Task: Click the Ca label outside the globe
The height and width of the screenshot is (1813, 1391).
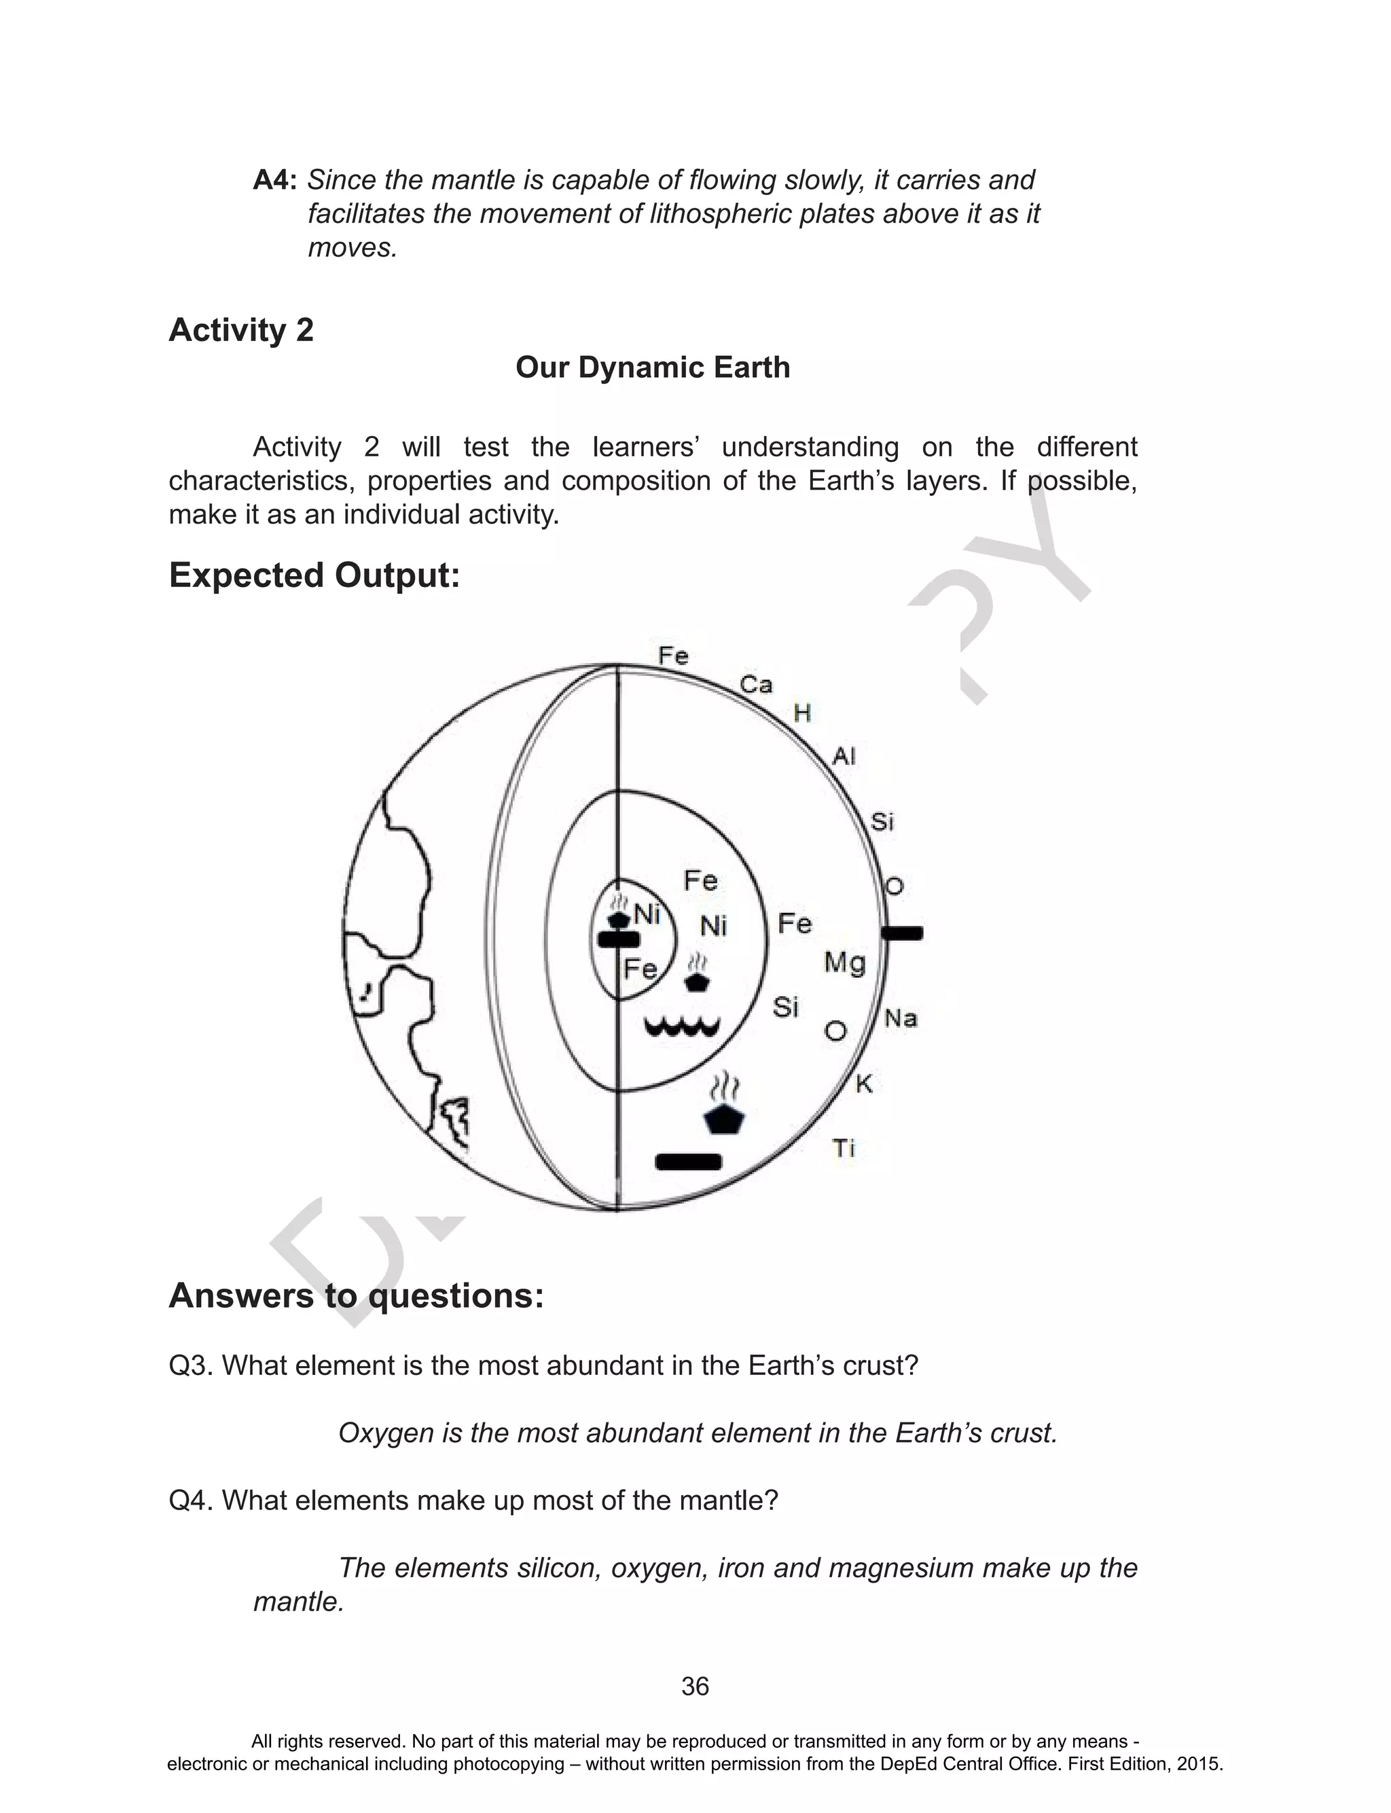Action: coord(755,685)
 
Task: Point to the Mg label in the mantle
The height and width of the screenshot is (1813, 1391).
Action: coord(844,963)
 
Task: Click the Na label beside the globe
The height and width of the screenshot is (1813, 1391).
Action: coord(901,1018)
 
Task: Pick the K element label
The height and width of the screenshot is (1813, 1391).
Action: coord(863,1083)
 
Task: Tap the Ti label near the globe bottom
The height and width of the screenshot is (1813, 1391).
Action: coord(843,1148)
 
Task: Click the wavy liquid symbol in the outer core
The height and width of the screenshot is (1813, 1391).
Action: coord(683,1028)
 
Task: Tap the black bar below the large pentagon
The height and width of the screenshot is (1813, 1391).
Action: coord(688,1162)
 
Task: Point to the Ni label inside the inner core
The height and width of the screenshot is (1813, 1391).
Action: coord(646,915)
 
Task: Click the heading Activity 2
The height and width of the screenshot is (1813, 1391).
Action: coord(241,330)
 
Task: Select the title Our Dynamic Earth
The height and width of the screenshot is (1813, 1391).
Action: coord(653,367)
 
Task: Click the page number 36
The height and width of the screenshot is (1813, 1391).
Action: coord(695,1687)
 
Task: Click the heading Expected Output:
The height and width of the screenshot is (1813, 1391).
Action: coord(314,575)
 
